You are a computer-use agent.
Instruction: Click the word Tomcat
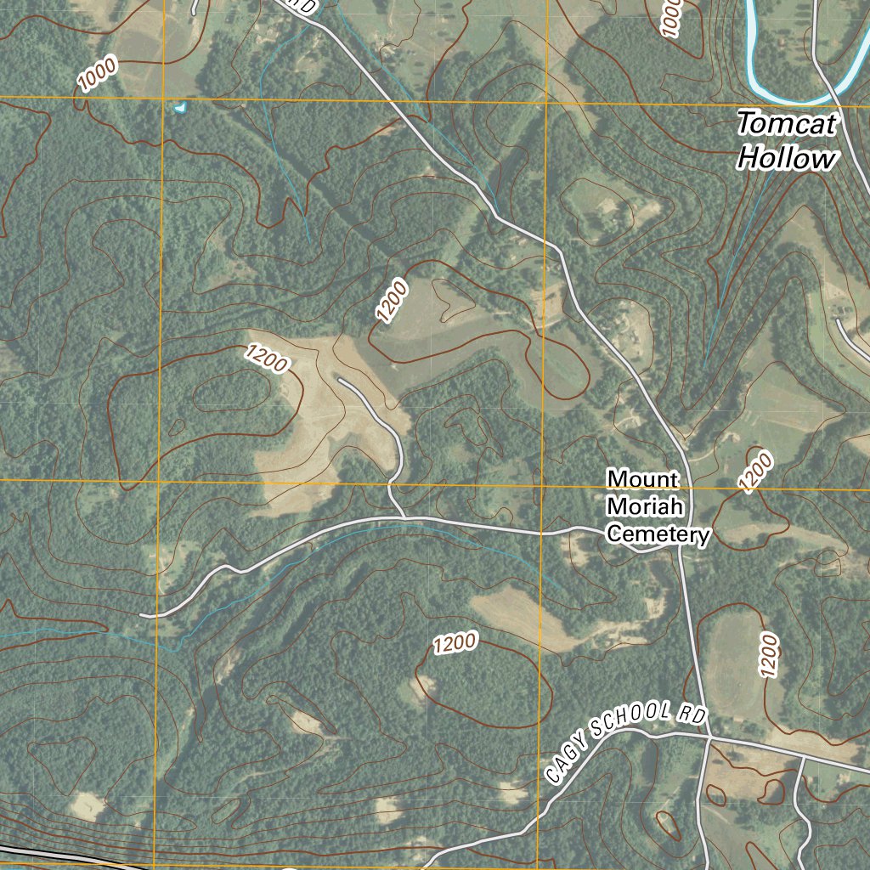[x=787, y=124]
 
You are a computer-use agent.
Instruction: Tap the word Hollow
[x=787, y=159]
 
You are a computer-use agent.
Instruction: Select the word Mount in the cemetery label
[x=642, y=479]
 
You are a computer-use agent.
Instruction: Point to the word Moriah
[x=646, y=507]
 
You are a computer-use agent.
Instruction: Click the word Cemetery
[x=658, y=534]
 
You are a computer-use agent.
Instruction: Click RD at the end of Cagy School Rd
[x=692, y=715]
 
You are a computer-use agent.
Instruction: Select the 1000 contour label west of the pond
[x=97, y=76]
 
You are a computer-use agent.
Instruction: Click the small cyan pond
[x=179, y=108]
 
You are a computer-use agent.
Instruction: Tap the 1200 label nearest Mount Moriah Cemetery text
[x=756, y=472]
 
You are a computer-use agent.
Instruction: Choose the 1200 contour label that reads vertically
[x=770, y=654]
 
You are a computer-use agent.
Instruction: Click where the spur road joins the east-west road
[x=403, y=517]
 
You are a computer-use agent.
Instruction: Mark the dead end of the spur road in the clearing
[x=340, y=381]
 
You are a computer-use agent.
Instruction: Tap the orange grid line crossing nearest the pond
[x=163, y=99]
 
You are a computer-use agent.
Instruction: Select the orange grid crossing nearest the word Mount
[x=542, y=484]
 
